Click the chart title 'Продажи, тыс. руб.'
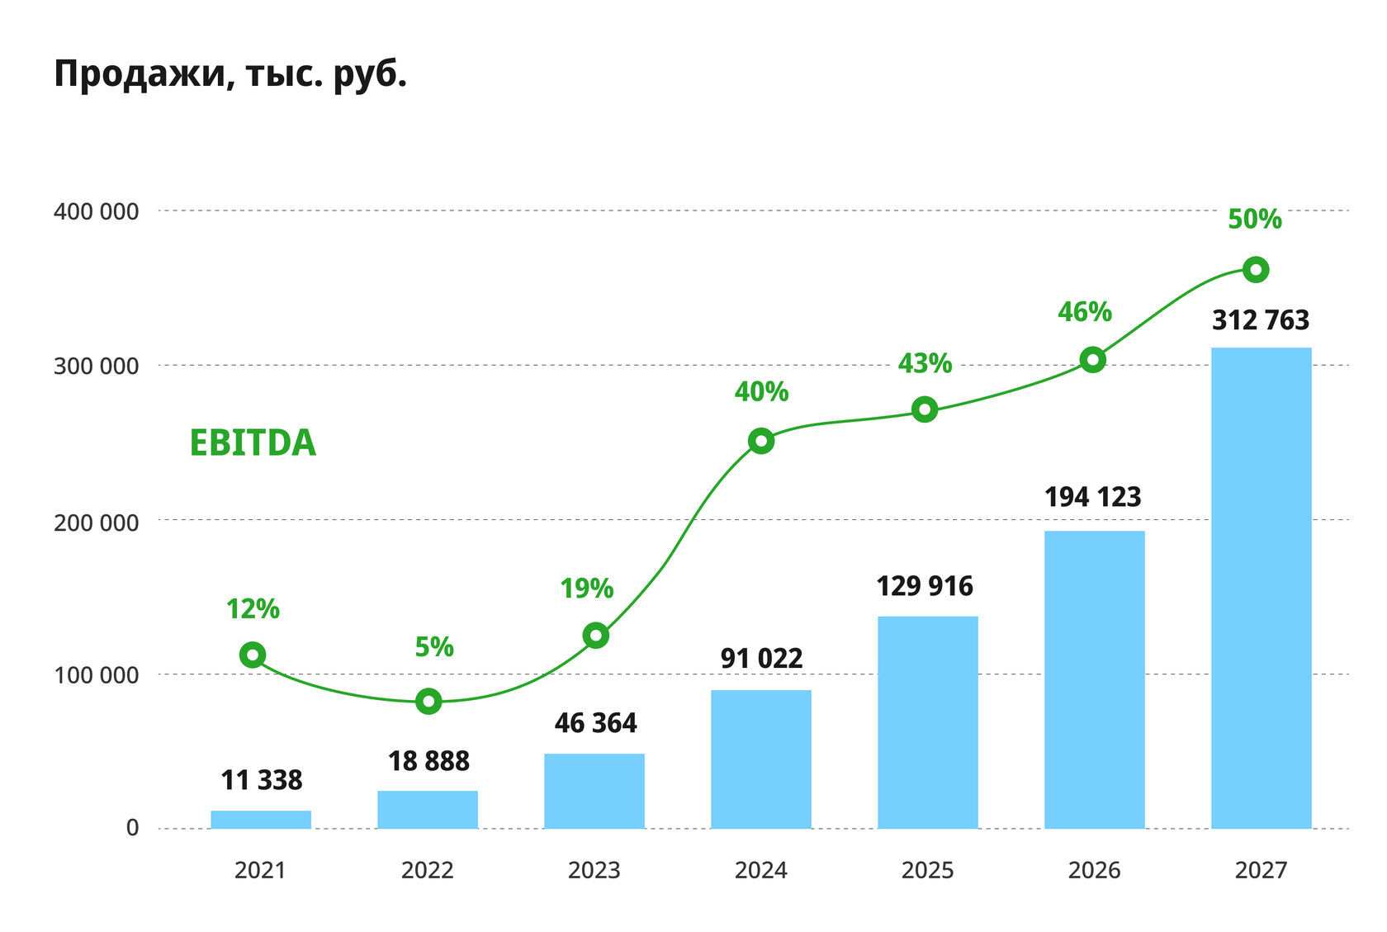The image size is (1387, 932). pyautogui.click(x=230, y=74)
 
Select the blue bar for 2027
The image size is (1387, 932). pyautogui.click(x=1261, y=588)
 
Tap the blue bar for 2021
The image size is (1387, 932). pyautogui.click(x=261, y=820)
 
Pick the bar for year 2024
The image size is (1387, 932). pyautogui.click(x=761, y=759)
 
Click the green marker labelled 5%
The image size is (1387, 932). pyautogui.click(x=428, y=702)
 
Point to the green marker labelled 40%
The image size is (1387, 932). pyautogui.click(x=761, y=441)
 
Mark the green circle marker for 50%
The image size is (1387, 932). pyautogui.click(x=1255, y=270)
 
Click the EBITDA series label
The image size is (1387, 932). pyautogui.click(x=253, y=443)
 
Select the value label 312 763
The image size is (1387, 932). pyautogui.click(x=1261, y=320)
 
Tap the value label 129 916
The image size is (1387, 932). pyautogui.click(x=925, y=586)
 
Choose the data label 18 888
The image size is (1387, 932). pyautogui.click(x=428, y=761)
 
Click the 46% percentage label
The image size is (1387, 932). pyautogui.click(x=1085, y=312)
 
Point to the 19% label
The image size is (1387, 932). pyautogui.click(x=586, y=589)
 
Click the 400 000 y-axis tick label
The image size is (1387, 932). pyautogui.click(x=96, y=212)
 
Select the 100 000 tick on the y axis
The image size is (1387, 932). pyautogui.click(x=96, y=675)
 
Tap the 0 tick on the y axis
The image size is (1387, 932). pyautogui.click(x=132, y=828)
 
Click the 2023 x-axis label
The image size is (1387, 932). pyautogui.click(x=594, y=870)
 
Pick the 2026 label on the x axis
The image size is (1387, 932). pyautogui.click(x=1094, y=870)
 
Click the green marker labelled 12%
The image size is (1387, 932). pyautogui.click(x=253, y=655)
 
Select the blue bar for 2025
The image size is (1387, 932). pyautogui.click(x=927, y=722)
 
